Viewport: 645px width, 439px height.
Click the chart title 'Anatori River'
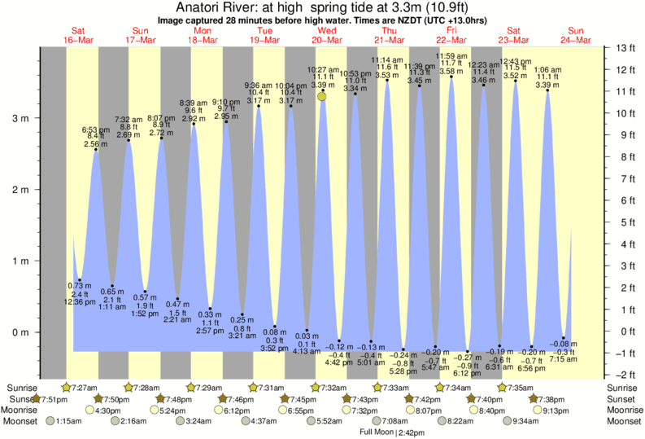215,8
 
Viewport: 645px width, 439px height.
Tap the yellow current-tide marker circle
323,96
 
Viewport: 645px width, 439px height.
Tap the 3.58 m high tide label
452,72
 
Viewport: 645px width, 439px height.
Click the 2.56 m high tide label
95,144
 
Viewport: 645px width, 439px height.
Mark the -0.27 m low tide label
467,357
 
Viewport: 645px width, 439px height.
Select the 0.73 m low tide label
79,285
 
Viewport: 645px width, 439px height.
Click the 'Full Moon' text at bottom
377,432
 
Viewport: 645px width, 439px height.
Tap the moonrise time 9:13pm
554,410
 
